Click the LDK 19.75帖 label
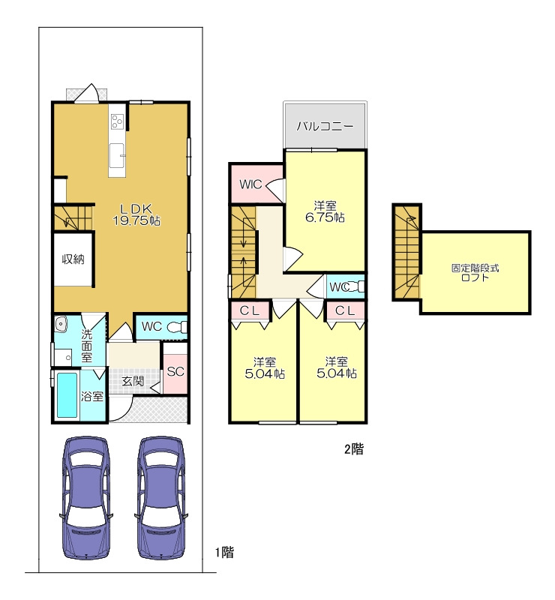pyautogui.click(x=136, y=214)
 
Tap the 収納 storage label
pyautogui.click(x=73, y=259)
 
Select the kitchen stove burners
pyautogui.click(x=117, y=121)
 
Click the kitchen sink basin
pyautogui.click(x=117, y=155)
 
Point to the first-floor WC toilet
pyautogui.click(x=178, y=327)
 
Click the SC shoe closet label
pyautogui.click(x=175, y=371)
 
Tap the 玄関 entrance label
pyautogui.click(x=133, y=381)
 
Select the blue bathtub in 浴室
pyautogui.click(x=67, y=395)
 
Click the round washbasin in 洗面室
pyautogui.click(x=61, y=324)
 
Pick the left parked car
pyautogui.click(x=86, y=497)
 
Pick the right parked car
pyautogui.click(x=161, y=497)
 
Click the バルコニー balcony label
pyautogui.click(x=325, y=126)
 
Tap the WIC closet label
pyautogui.click(x=250, y=184)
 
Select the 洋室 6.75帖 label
pyautogui.click(x=325, y=211)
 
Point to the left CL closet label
pyautogui.click(x=250, y=310)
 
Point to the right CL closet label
pyautogui.click(x=345, y=310)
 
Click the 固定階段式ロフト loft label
pyautogui.click(x=475, y=273)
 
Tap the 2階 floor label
pyautogui.click(x=354, y=448)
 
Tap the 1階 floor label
pyautogui.click(x=224, y=552)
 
